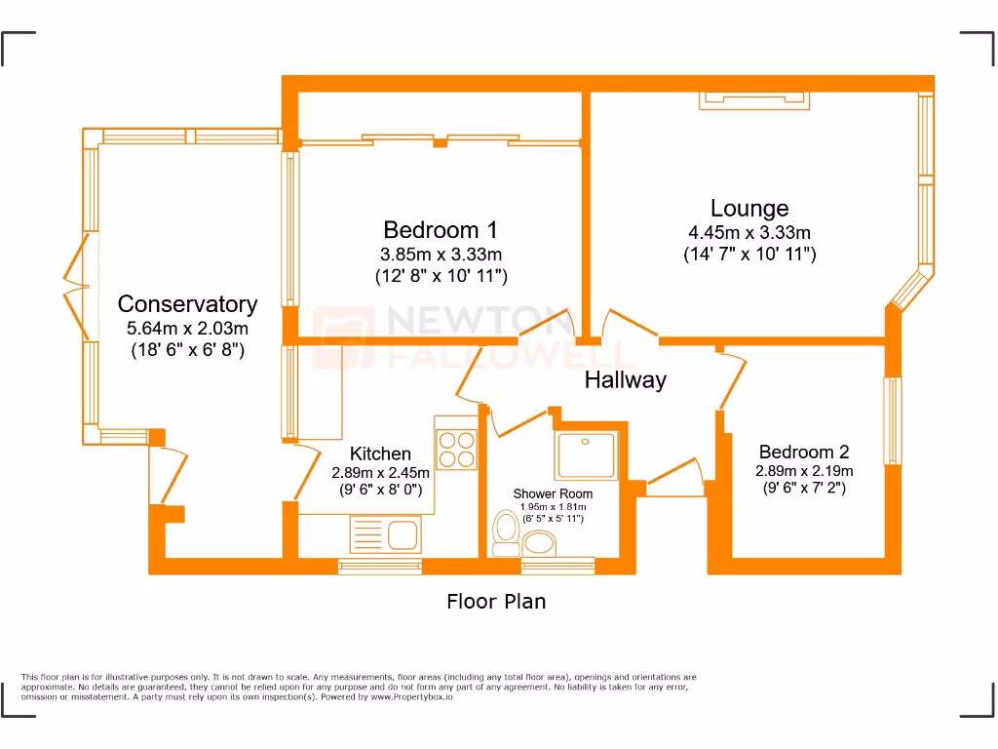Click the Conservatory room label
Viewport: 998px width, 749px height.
(x=187, y=304)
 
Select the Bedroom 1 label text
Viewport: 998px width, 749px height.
(x=441, y=230)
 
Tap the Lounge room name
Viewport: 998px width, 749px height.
(x=749, y=208)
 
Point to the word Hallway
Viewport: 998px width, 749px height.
(x=625, y=380)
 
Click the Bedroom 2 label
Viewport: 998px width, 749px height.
(x=804, y=452)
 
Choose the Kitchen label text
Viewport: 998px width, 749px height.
(x=380, y=453)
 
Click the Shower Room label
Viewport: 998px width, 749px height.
(x=553, y=493)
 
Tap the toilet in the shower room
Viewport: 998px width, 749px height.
(x=506, y=534)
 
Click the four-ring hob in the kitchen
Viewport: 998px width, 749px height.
(x=455, y=449)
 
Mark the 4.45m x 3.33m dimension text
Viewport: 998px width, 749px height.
(x=749, y=232)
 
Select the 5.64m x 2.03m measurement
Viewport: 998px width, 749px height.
(x=187, y=329)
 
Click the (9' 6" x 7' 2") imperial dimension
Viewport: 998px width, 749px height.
(x=804, y=488)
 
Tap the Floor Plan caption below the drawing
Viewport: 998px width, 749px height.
(x=496, y=602)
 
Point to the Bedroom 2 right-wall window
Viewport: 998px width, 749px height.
(x=891, y=420)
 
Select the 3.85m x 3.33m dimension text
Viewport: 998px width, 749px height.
(x=441, y=255)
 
